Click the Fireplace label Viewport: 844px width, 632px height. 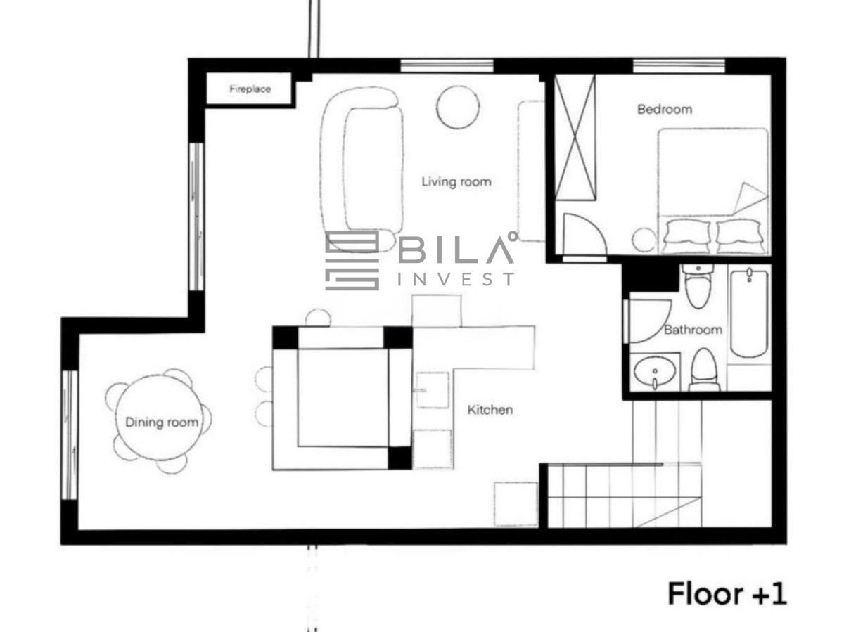click(250, 89)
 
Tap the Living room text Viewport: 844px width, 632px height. click(456, 181)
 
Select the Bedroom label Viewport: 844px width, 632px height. click(665, 110)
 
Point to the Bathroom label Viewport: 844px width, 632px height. click(693, 330)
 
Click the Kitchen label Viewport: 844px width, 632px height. click(490, 410)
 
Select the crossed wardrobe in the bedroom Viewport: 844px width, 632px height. click(575, 137)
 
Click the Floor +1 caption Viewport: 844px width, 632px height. click(727, 593)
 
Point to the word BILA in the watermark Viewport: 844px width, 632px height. click(456, 249)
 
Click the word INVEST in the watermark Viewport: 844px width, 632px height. click(456, 279)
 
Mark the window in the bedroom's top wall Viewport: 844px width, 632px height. click(679, 66)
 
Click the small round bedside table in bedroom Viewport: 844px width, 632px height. click(644, 240)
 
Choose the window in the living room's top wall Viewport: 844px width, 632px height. click(447, 66)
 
